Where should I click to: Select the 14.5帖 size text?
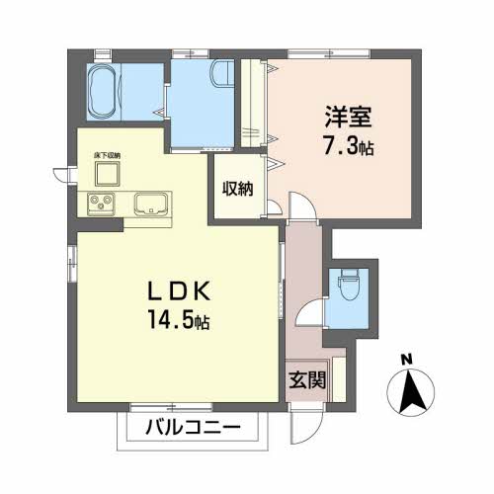pos(180,322)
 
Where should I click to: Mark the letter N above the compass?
pos(407,360)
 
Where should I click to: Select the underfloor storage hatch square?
pos(106,174)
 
